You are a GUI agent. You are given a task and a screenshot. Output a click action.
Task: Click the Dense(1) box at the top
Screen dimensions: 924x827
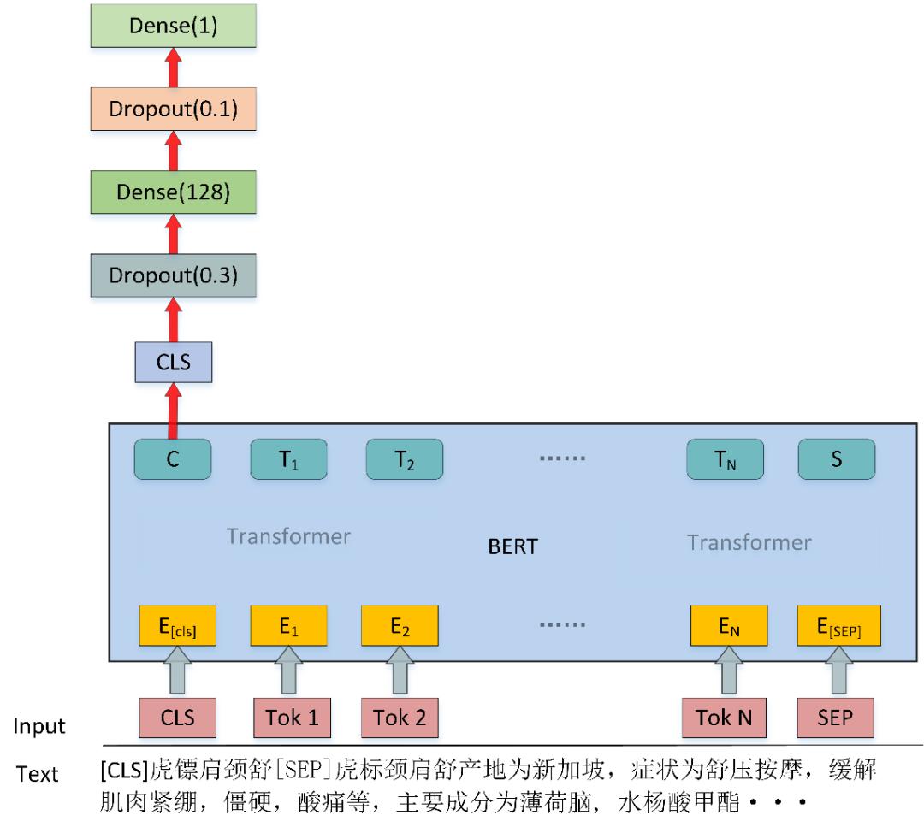[173, 26]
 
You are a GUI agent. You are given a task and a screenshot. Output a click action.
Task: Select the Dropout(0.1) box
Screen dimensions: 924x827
[173, 109]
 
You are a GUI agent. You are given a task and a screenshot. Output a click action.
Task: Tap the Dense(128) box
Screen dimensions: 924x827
[173, 192]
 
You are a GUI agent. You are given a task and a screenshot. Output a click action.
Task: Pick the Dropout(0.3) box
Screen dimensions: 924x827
[173, 275]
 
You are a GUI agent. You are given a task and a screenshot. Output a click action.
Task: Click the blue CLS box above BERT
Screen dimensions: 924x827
[173, 363]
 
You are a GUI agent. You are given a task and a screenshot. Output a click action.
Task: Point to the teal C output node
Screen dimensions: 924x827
[173, 459]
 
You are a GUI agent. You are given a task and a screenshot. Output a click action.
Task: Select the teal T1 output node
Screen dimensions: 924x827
[289, 459]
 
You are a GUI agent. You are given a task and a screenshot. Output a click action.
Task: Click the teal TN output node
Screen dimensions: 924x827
[725, 459]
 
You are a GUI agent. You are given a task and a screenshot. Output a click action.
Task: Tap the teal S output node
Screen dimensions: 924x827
[837, 459]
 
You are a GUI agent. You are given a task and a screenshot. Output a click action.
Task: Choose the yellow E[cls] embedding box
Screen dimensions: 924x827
[177, 625]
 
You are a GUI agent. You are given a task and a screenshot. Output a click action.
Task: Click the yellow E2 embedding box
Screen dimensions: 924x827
[400, 625]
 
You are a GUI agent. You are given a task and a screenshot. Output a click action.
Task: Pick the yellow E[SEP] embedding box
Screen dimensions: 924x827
[839, 625]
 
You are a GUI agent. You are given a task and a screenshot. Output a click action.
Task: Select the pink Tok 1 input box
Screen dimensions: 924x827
[293, 718]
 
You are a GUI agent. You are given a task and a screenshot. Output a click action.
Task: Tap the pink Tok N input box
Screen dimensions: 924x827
[725, 718]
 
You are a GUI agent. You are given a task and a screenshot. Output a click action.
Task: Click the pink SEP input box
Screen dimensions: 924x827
[836, 718]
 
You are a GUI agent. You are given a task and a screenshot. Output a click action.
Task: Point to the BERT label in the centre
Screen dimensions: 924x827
[512, 546]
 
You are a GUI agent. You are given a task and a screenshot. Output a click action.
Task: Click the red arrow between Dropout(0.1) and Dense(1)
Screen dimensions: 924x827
[173, 68]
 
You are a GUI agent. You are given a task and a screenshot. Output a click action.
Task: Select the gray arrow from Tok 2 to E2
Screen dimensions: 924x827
[400, 670]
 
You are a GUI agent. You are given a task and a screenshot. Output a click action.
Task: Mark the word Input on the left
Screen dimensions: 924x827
[38, 726]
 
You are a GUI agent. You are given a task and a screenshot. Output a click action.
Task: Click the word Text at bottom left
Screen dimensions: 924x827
[37, 774]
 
